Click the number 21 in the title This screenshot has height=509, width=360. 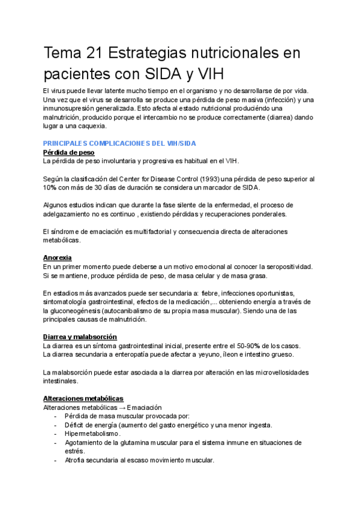(x=95, y=53)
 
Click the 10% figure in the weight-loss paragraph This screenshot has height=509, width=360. (x=50, y=188)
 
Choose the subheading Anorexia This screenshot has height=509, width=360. (x=58, y=258)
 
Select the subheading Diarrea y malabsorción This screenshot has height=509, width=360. (x=80, y=337)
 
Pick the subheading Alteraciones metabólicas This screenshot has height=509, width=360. (x=83, y=399)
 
